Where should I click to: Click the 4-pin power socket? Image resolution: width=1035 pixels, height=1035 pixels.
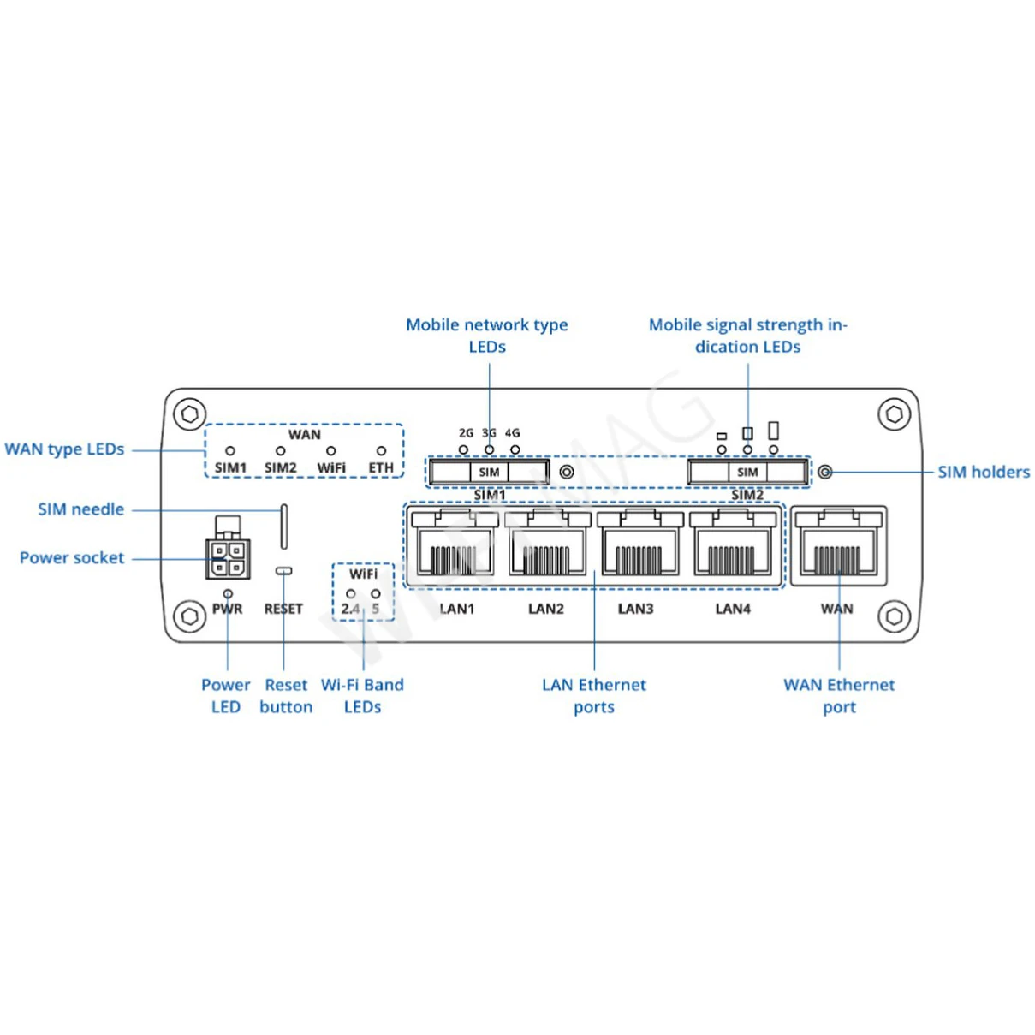pos(228,558)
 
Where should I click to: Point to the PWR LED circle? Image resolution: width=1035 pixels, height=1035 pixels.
pos(228,593)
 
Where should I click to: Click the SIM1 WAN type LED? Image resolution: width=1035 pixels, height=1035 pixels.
pos(229,451)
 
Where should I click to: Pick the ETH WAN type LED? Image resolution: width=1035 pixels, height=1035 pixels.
pos(381,451)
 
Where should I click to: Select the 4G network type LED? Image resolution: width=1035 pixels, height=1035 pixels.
pos(515,449)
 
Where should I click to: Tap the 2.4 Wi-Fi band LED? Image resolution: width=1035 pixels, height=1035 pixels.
pos(350,593)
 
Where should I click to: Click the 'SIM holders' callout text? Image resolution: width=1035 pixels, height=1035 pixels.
pos(984,472)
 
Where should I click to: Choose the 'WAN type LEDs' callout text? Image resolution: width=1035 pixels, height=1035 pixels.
pos(64,449)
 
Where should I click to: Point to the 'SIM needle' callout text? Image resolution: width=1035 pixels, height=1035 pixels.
pos(80,509)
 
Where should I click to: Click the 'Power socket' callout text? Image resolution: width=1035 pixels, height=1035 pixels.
pos(72,558)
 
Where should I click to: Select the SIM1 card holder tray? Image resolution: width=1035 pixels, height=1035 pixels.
pos(489,472)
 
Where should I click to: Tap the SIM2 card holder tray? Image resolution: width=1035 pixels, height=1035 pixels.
pos(747,472)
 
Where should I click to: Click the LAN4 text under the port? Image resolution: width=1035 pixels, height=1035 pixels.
pos(733,609)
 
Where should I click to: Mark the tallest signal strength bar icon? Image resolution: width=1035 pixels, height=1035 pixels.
pos(774,430)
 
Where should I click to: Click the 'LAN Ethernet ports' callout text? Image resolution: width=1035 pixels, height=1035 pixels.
pos(594,695)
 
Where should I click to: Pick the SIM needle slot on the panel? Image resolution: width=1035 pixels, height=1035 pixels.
pos(284,526)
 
